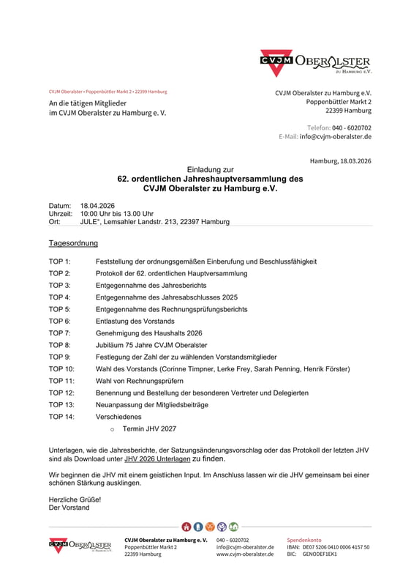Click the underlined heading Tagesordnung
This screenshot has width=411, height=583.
[73, 243]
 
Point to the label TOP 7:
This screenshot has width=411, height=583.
[60, 333]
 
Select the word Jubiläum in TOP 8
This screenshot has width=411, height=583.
[110, 345]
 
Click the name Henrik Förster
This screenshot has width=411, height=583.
[324, 368]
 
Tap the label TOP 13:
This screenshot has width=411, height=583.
[61, 404]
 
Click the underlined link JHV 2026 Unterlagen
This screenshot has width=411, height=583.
[157, 459]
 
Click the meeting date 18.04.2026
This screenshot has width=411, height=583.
[97, 205]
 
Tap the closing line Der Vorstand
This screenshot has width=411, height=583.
[69, 508]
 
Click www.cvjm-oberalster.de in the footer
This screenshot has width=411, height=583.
[245, 554]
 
